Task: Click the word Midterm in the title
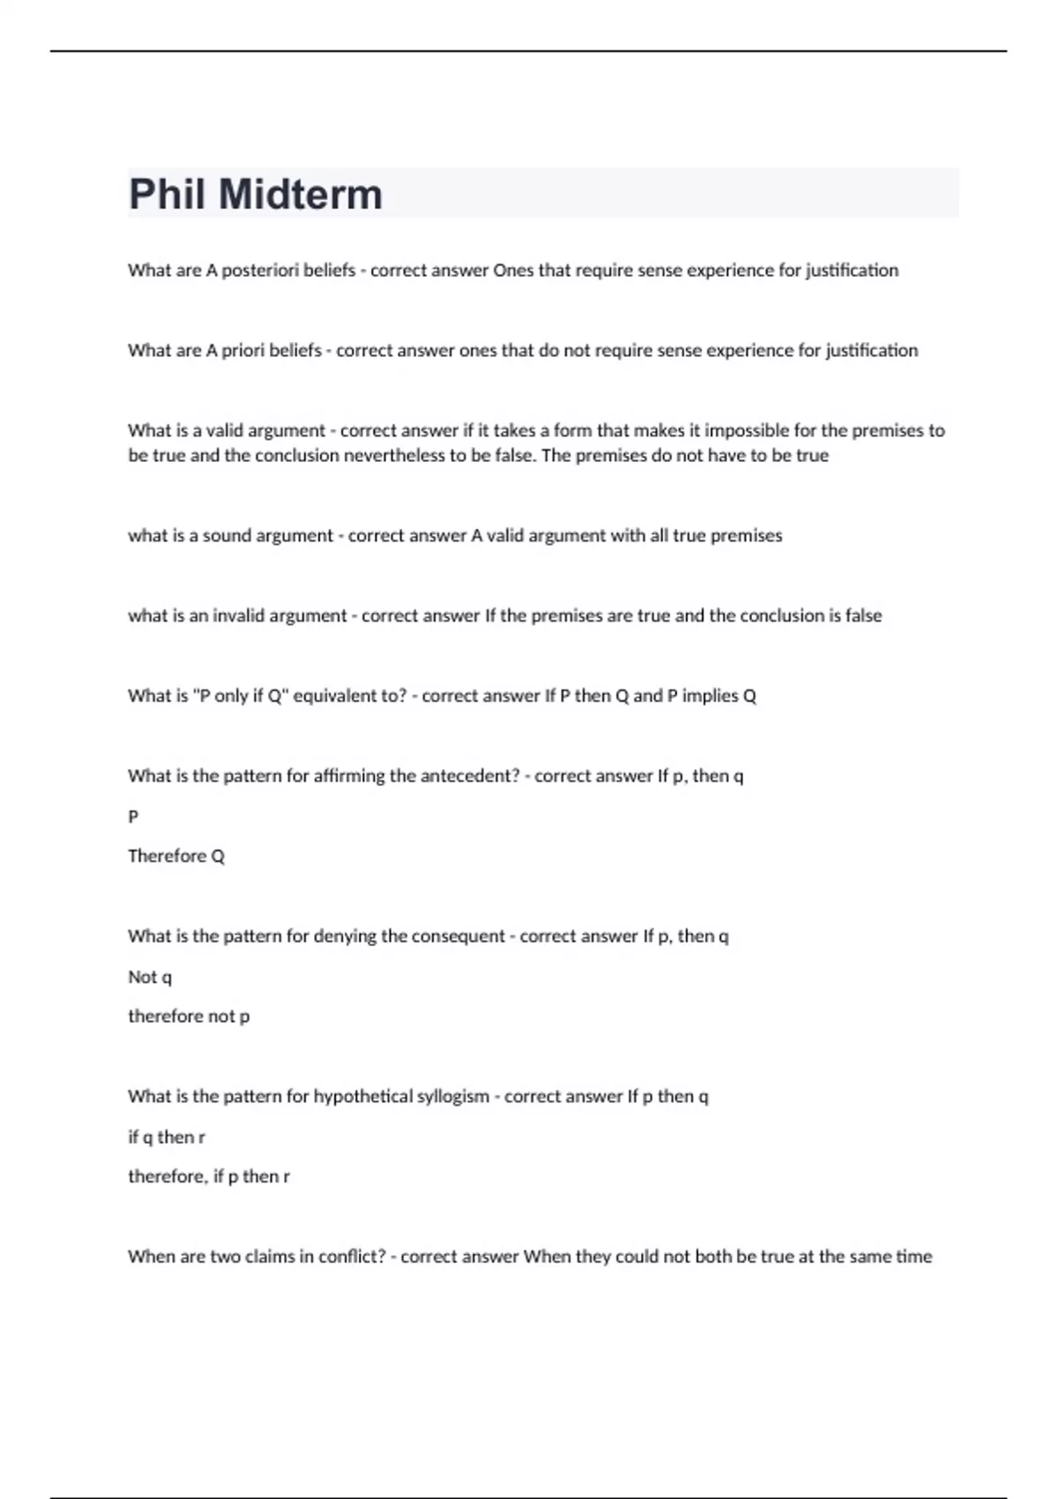click(300, 195)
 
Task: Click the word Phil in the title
click(168, 195)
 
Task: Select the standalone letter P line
click(133, 817)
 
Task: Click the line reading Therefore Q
click(176, 856)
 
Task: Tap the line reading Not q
click(150, 977)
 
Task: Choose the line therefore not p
click(189, 1017)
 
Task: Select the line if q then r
click(167, 1137)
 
